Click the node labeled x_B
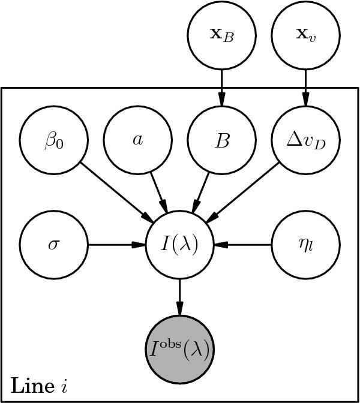(222, 34)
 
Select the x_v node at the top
(306, 34)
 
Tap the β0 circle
(54, 141)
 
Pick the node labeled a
(138, 141)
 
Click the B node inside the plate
(222, 141)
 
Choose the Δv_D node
(306, 141)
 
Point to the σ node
(54, 245)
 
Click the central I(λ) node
(180, 245)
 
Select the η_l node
(306, 245)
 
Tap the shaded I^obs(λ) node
(180, 349)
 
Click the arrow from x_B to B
(222, 88)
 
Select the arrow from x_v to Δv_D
(306, 88)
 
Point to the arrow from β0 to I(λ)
(117, 193)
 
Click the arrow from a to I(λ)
(159, 193)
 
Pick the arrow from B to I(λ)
(201, 193)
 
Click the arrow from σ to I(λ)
(117, 245)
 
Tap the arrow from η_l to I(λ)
(243, 245)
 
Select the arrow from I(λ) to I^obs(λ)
(180, 297)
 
